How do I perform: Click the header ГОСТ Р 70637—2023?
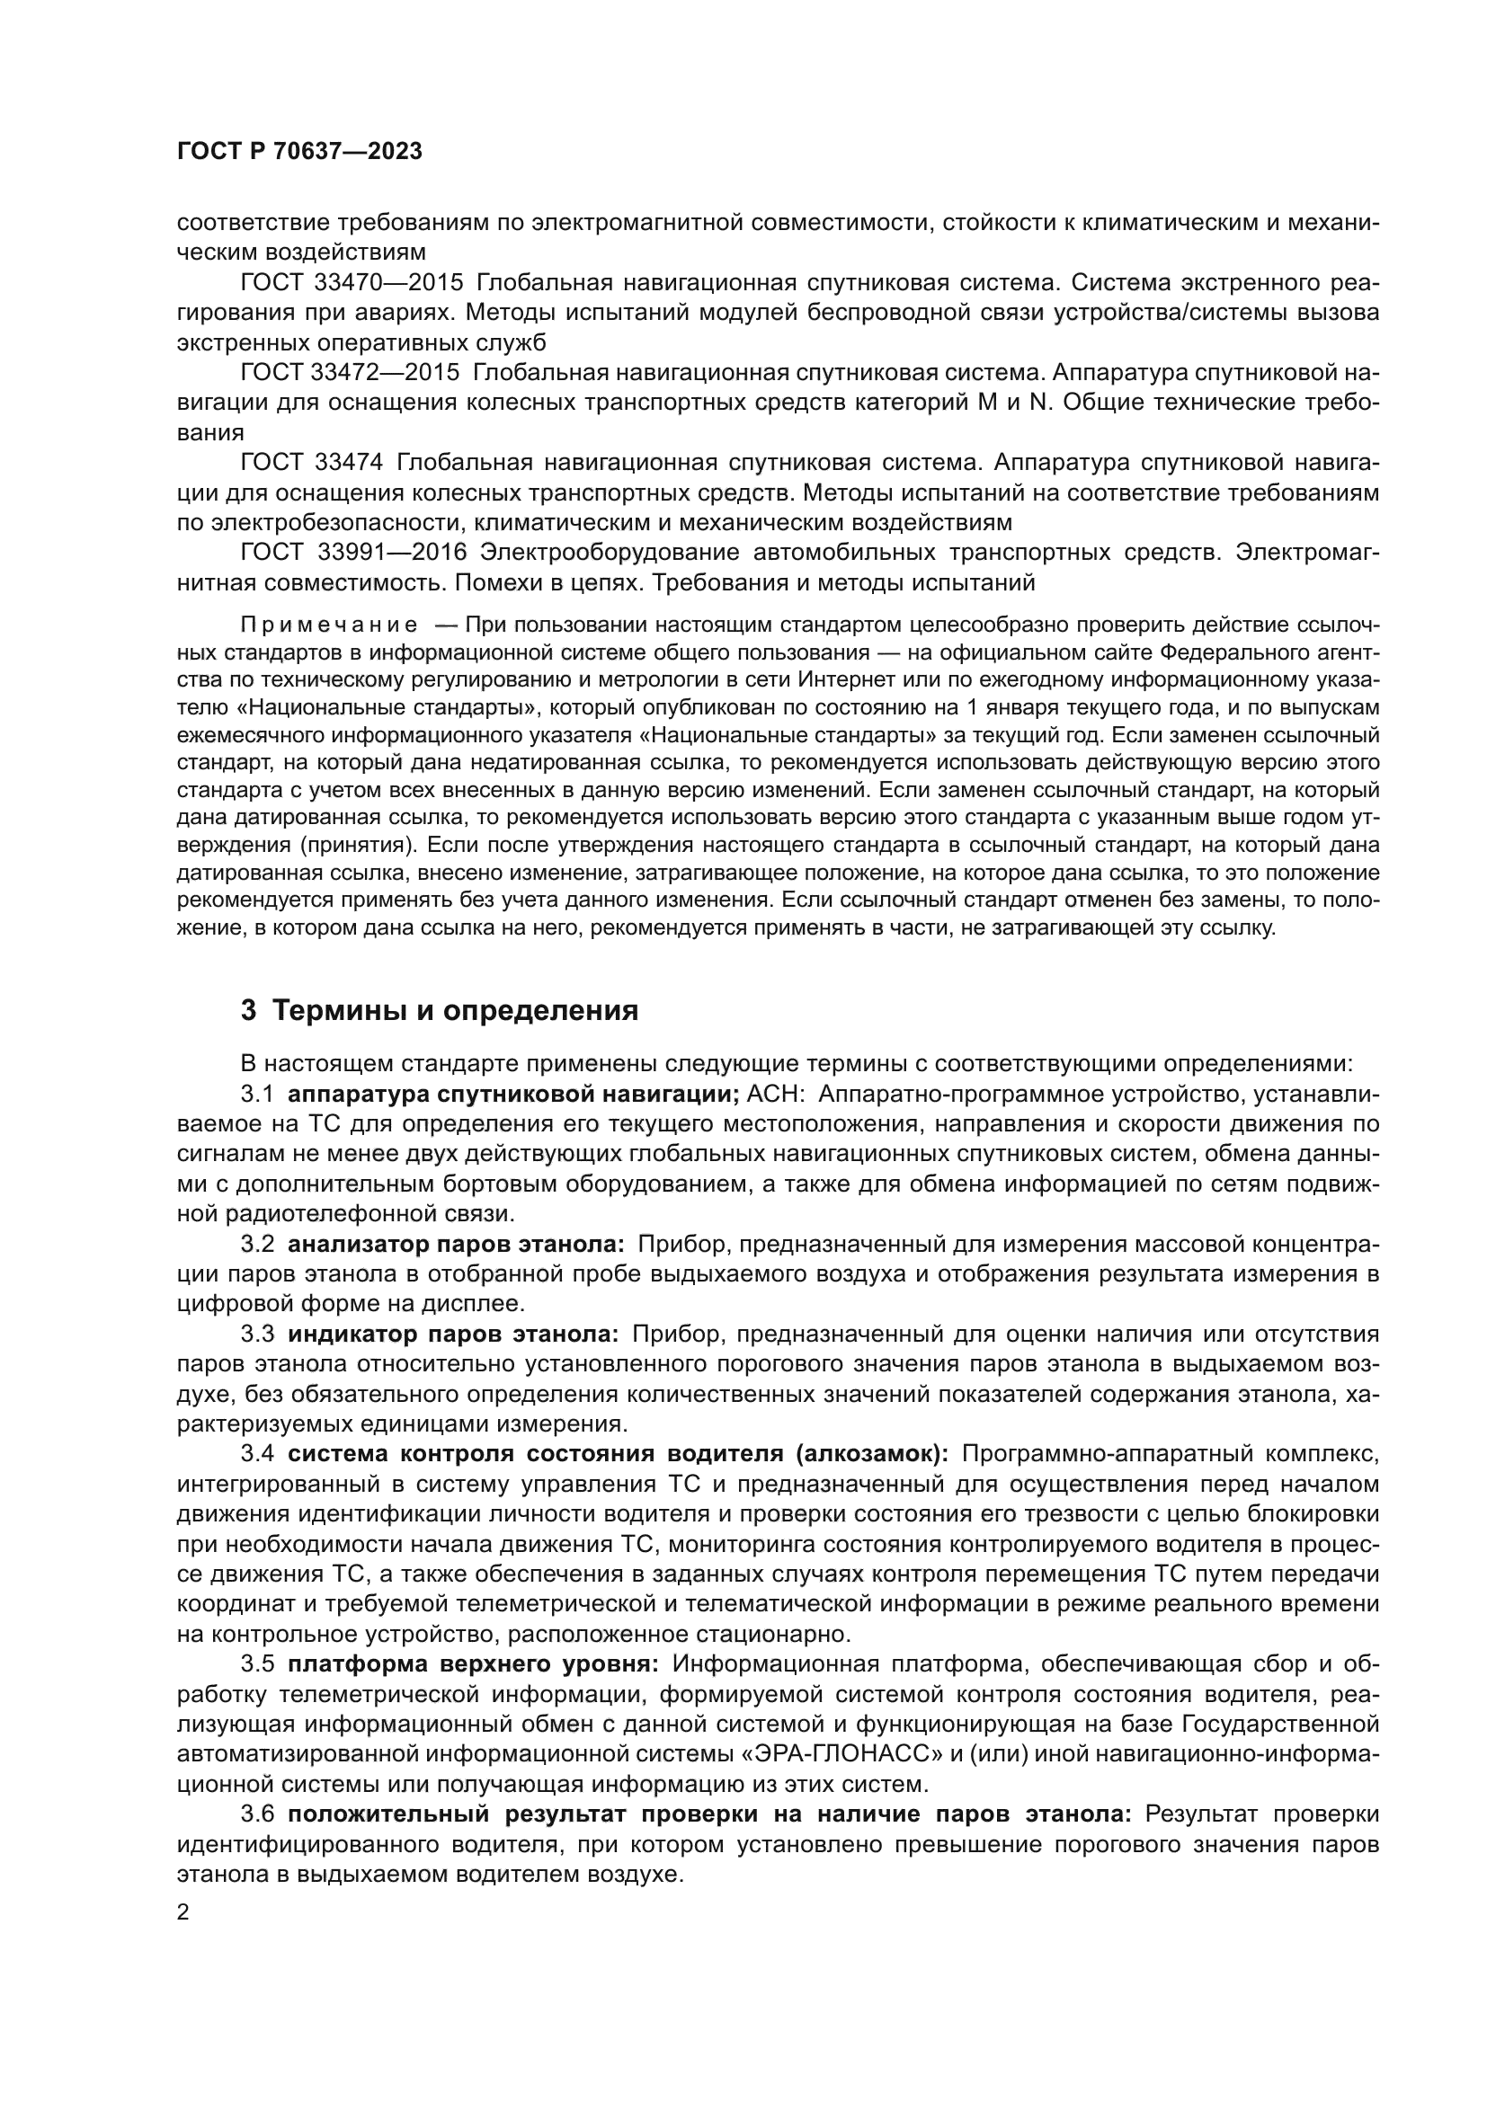click(299, 152)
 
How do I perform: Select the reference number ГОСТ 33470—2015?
click(352, 283)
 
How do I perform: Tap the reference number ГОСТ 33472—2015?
click(352, 373)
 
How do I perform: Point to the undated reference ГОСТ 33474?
click(313, 462)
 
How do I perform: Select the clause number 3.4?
click(257, 1454)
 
